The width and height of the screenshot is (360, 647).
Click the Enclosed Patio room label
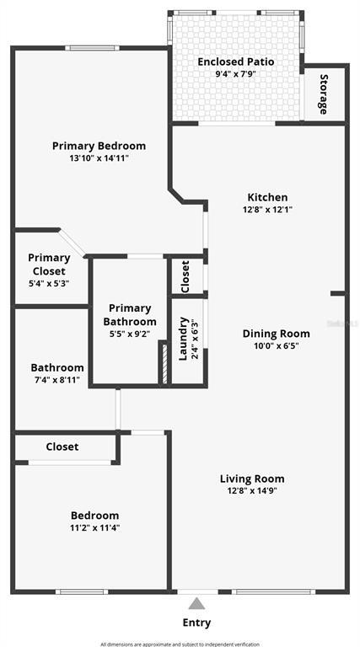236,61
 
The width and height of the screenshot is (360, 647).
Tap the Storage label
324,94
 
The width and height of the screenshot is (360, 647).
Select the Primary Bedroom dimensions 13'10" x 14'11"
99,158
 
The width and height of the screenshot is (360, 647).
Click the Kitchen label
267,197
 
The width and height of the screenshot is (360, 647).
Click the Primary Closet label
49,265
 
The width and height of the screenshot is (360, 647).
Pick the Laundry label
183,338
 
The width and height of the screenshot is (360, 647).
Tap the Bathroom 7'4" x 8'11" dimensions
57,381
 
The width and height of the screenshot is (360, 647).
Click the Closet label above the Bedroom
62,446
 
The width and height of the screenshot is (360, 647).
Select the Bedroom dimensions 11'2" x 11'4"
94,528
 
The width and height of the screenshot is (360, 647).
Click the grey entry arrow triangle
196,603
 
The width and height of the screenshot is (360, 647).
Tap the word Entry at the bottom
196,623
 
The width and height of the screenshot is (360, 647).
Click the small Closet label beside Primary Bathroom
185,275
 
